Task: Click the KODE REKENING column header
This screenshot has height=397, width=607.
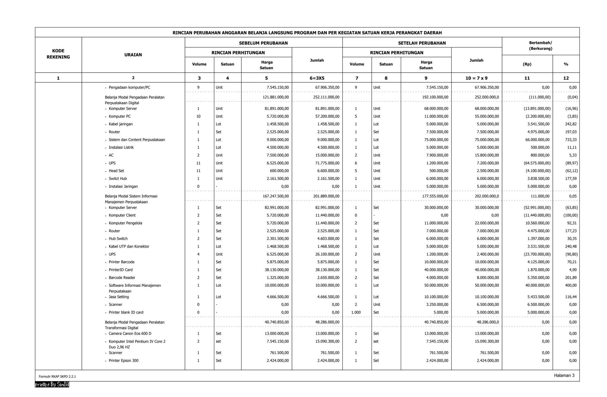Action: coord(58,54)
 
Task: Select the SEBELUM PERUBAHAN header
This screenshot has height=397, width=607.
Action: coord(263,43)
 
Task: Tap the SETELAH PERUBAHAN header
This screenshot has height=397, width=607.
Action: coord(422,43)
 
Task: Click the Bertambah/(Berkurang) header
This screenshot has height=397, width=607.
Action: coord(540,46)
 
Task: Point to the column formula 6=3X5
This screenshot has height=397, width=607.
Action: coord(317,78)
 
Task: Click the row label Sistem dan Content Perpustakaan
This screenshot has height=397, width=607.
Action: coord(137,140)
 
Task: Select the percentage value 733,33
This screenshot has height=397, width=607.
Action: coord(571,140)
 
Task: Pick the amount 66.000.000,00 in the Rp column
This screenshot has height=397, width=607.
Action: coord(537,140)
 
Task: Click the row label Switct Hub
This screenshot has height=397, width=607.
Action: coord(118,178)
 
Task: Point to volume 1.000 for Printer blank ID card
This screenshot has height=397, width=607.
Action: coord(356,312)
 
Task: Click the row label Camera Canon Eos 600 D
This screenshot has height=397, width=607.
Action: coord(130,334)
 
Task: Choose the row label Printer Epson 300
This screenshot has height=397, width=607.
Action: coord(123,361)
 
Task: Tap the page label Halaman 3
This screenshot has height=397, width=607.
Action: coord(564,375)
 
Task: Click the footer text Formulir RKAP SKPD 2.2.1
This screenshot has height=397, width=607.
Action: coord(57,377)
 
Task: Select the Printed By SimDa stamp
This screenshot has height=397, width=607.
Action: coord(52,385)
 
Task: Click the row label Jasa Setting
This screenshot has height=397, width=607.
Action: coord(119,297)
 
